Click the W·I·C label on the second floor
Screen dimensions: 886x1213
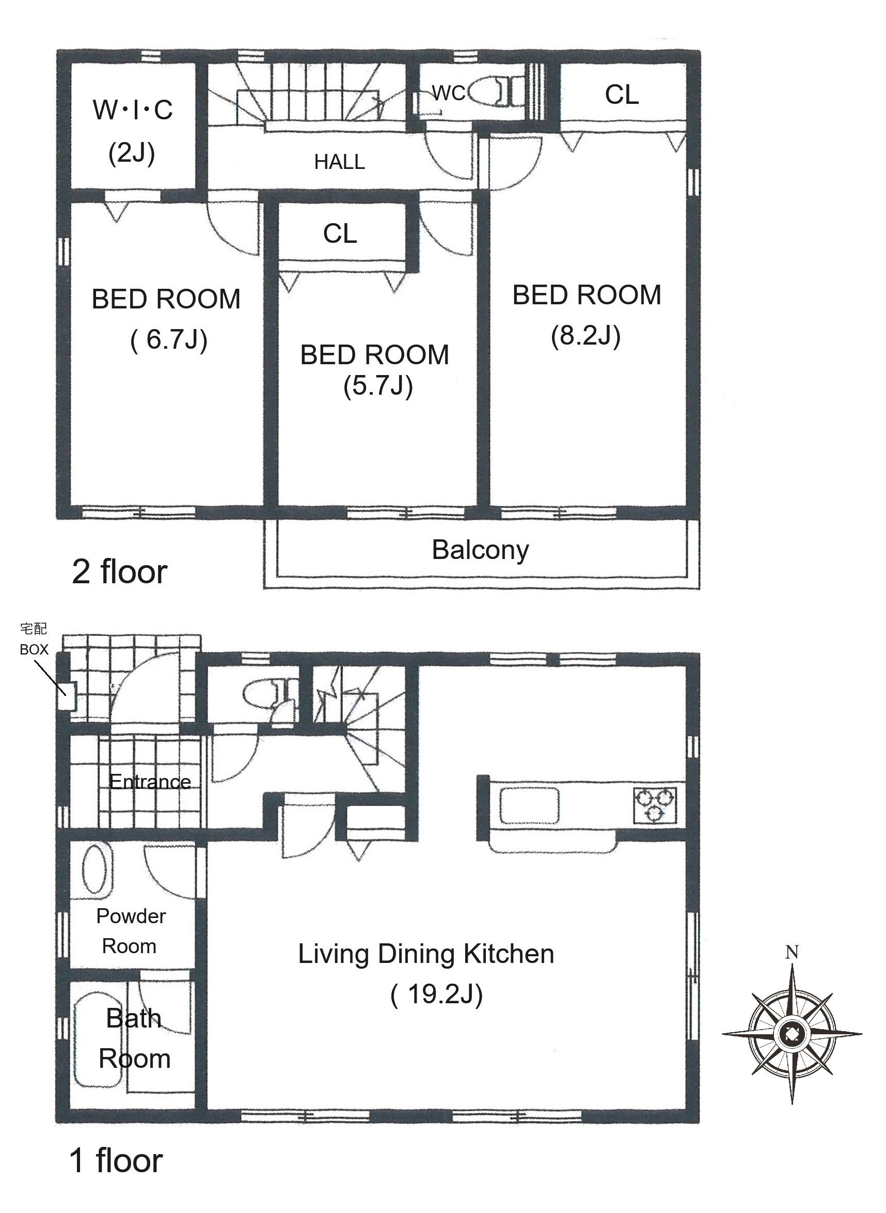pos(133,110)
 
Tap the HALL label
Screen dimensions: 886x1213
pos(340,162)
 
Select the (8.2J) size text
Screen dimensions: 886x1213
pos(586,336)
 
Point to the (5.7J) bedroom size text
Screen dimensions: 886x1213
pos(378,386)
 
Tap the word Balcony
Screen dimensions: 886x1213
pos(481,550)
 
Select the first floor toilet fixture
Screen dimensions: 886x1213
pos(270,694)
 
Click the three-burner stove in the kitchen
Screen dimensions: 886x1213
pos(655,805)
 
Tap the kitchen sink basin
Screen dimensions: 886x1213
pos(529,805)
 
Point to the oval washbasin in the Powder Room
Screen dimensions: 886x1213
pos(97,869)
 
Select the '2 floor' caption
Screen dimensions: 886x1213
pos(120,572)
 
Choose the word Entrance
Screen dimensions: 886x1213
pos(150,782)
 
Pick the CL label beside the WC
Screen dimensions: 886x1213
pos(622,95)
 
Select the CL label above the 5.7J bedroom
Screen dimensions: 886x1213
pos(340,234)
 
